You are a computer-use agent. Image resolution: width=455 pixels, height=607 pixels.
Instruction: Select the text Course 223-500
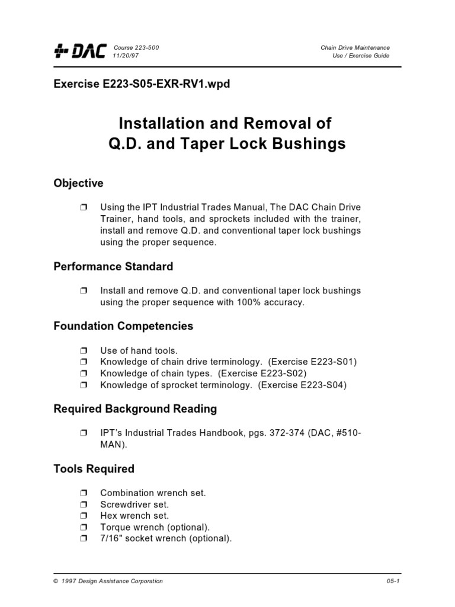tap(136, 47)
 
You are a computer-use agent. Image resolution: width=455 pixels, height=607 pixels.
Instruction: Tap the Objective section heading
tap(78, 183)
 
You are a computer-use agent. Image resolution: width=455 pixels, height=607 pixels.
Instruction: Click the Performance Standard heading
tap(113, 267)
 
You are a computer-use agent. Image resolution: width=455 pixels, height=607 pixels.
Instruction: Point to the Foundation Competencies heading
tap(123, 326)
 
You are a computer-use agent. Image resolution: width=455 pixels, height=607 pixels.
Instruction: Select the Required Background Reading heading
tap(135, 409)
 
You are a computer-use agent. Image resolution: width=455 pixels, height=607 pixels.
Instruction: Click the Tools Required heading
tap(94, 469)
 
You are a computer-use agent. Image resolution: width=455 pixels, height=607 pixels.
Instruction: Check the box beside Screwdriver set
tap(82, 505)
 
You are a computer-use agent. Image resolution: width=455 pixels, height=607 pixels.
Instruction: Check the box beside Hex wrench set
tap(82, 516)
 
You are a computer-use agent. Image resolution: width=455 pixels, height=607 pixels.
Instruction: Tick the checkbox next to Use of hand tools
tap(82, 351)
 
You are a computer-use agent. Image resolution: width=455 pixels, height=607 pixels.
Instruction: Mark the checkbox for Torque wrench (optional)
tap(82, 528)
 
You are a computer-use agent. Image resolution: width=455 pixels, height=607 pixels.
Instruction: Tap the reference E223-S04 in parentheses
tap(320, 385)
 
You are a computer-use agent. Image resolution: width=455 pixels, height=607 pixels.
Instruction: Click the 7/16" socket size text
tap(113, 539)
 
